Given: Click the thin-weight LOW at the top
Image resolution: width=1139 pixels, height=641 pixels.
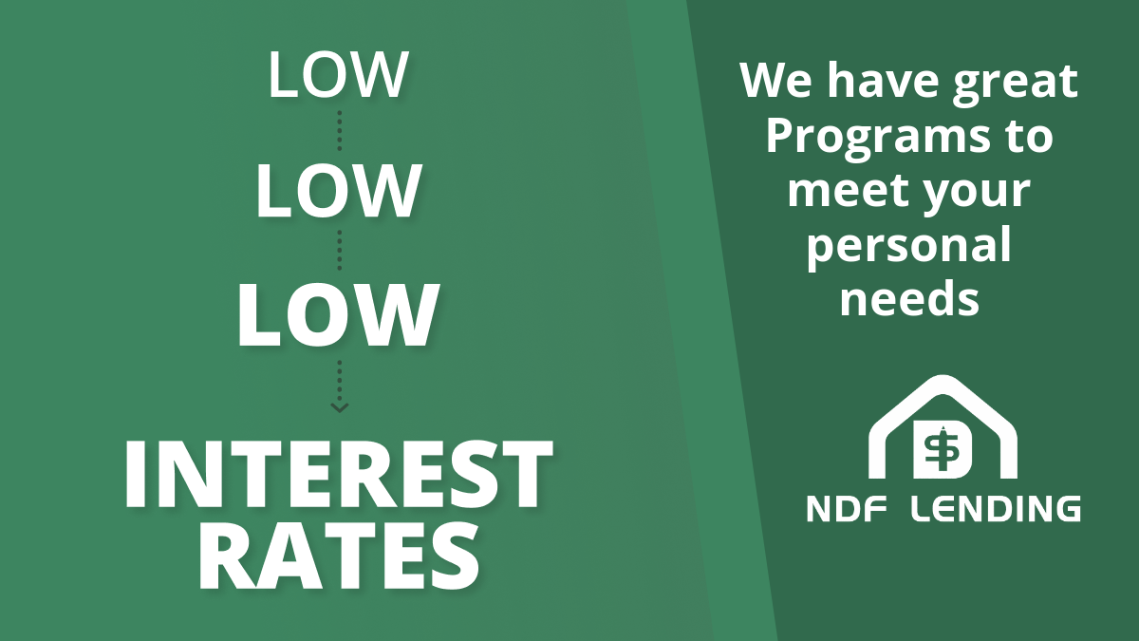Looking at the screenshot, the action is (338, 74).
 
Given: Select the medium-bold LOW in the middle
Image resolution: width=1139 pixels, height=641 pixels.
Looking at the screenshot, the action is (338, 191).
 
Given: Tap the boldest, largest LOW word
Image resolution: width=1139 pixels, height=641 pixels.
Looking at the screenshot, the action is (338, 315).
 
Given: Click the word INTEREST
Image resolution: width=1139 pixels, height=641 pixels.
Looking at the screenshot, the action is (338, 474).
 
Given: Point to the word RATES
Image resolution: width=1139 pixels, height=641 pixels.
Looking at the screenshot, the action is (338, 556).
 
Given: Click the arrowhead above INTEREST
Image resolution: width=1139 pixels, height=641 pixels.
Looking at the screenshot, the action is (340, 407).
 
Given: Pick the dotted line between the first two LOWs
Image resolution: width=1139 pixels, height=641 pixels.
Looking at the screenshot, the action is (340, 130).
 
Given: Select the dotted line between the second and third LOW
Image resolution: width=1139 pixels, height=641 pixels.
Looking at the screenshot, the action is (340, 251).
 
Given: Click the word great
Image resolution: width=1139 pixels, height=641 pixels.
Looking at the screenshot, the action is (1015, 84).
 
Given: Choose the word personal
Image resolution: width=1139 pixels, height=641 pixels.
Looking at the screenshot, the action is (909, 248).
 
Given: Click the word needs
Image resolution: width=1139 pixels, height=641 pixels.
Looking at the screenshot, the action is (909, 298).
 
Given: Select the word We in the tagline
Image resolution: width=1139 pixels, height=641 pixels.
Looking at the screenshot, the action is (775, 81).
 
